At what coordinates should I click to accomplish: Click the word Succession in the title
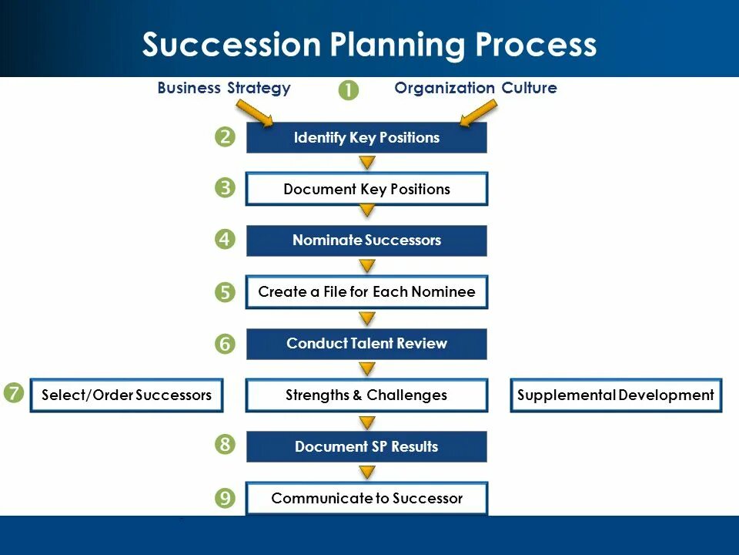click(232, 45)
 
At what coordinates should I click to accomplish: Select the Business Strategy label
click(224, 88)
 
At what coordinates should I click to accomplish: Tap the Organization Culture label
click(475, 88)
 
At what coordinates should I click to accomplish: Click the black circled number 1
click(348, 89)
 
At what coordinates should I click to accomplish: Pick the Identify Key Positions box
click(366, 138)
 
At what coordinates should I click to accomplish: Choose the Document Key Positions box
click(366, 189)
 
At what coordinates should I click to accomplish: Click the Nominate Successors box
click(366, 240)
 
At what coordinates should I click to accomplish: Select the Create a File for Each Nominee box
click(366, 292)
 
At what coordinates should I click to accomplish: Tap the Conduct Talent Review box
click(366, 344)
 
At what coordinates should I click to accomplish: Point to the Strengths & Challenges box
click(366, 395)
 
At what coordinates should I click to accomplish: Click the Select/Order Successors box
click(126, 395)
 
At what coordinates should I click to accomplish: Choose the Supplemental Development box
click(616, 395)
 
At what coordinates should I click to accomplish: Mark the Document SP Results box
click(366, 446)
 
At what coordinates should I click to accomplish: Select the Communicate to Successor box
click(366, 498)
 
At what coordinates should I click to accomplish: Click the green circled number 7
click(13, 393)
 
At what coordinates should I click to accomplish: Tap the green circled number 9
click(225, 498)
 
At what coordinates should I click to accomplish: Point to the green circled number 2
click(225, 137)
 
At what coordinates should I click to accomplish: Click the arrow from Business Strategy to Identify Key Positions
click(259, 113)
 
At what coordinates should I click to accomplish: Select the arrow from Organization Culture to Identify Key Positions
click(477, 113)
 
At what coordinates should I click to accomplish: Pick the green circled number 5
click(225, 292)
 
